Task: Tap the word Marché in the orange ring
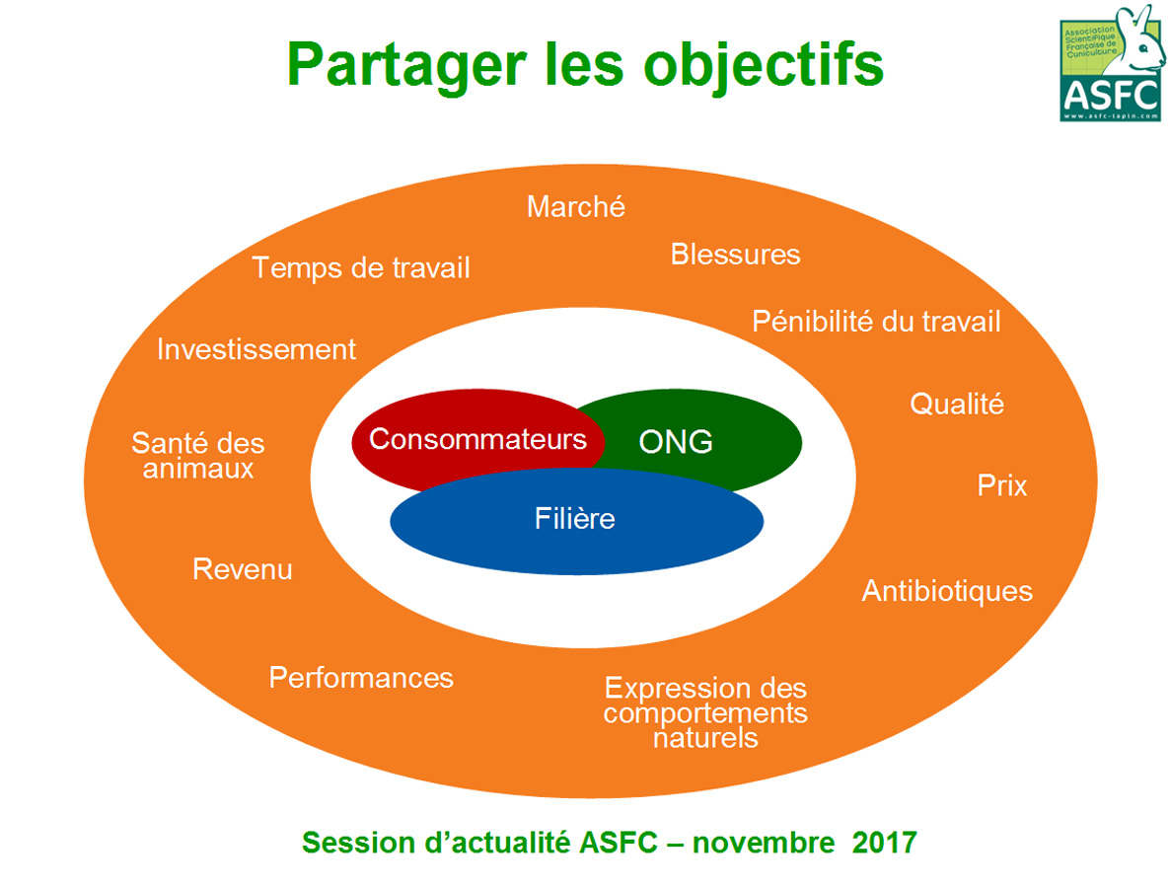point(576,206)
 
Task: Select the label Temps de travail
point(361,268)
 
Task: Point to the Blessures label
point(736,255)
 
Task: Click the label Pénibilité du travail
point(876,322)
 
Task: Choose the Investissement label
point(256,349)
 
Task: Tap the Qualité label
point(957,404)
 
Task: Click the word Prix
point(1002,485)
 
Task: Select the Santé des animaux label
point(198,455)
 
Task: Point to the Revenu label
point(243,569)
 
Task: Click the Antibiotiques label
point(947,591)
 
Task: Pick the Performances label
point(361,678)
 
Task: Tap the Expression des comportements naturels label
point(706,712)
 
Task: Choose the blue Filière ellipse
point(577,521)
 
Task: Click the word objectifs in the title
point(764,65)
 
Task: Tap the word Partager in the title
point(406,66)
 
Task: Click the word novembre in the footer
point(764,843)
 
